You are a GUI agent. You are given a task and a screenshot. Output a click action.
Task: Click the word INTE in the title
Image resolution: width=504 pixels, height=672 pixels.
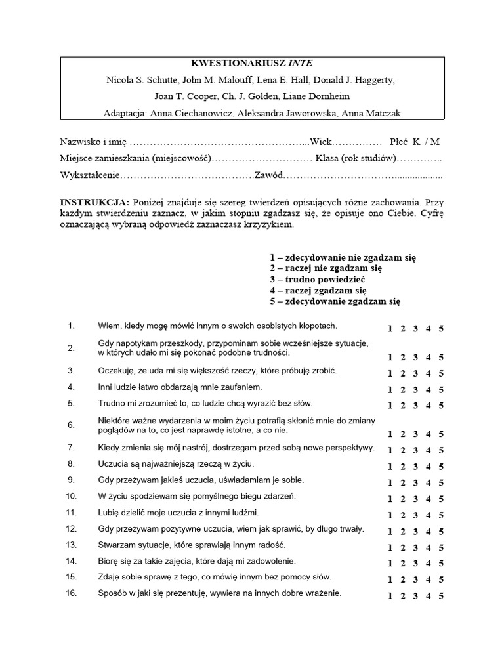coord(301,64)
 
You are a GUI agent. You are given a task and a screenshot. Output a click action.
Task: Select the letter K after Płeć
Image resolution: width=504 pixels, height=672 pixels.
coord(415,142)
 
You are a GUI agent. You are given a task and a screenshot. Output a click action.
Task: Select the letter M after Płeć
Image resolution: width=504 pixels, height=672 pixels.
coord(435,142)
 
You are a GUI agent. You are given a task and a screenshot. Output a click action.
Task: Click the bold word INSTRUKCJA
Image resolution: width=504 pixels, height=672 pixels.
coord(94,202)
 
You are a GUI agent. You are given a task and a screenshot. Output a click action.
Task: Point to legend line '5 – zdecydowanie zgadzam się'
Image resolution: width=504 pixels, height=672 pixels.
coord(334,301)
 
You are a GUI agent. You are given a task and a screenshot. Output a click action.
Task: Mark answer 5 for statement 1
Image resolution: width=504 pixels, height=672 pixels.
coord(441,329)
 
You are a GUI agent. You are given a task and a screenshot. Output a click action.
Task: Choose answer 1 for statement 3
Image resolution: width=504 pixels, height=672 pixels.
coord(390,373)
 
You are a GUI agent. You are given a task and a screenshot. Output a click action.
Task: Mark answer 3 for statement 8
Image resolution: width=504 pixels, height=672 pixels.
coord(415,467)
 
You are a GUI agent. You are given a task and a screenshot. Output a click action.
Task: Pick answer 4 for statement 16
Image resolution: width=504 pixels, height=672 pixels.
coord(429,596)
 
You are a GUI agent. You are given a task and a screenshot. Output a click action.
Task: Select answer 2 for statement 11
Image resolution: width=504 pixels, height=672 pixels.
coord(403,515)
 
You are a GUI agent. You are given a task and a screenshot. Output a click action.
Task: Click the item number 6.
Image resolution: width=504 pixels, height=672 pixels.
coord(71,425)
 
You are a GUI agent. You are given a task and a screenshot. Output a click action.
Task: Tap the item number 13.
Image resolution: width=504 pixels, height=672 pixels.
coord(71,545)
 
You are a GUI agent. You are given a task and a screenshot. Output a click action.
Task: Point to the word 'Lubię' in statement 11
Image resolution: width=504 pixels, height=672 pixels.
coord(109,512)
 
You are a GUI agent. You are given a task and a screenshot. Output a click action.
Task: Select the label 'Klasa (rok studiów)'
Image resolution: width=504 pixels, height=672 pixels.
coord(355,158)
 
